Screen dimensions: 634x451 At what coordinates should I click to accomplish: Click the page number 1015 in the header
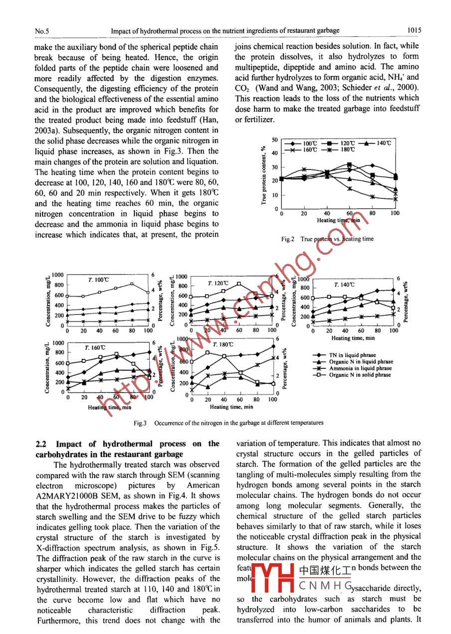pyautogui.click(x=414, y=30)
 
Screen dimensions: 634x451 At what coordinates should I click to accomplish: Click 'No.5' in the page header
pyautogui.click(x=42, y=31)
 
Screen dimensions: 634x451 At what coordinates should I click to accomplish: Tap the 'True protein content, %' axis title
pyautogui.click(x=263, y=174)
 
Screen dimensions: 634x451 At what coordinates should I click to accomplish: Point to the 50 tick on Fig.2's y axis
pyautogui.click(x=274, y=140)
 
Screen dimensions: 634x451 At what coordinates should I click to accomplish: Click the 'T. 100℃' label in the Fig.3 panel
pyautogui.click(x=98, y=280)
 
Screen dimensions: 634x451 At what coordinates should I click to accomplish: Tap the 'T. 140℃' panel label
pyautogui.click(x=344, y=285)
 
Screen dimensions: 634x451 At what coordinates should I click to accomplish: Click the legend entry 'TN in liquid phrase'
pyautogui.click(x=352, y=355)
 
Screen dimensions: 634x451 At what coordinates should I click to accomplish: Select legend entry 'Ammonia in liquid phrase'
pyautogui.click(x=359, y=368)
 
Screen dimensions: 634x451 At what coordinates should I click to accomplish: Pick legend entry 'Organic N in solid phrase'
pyautogui.click(x=359, y=375)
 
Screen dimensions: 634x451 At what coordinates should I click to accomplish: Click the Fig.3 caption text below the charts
pyautogui.click(x=228, y=423)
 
